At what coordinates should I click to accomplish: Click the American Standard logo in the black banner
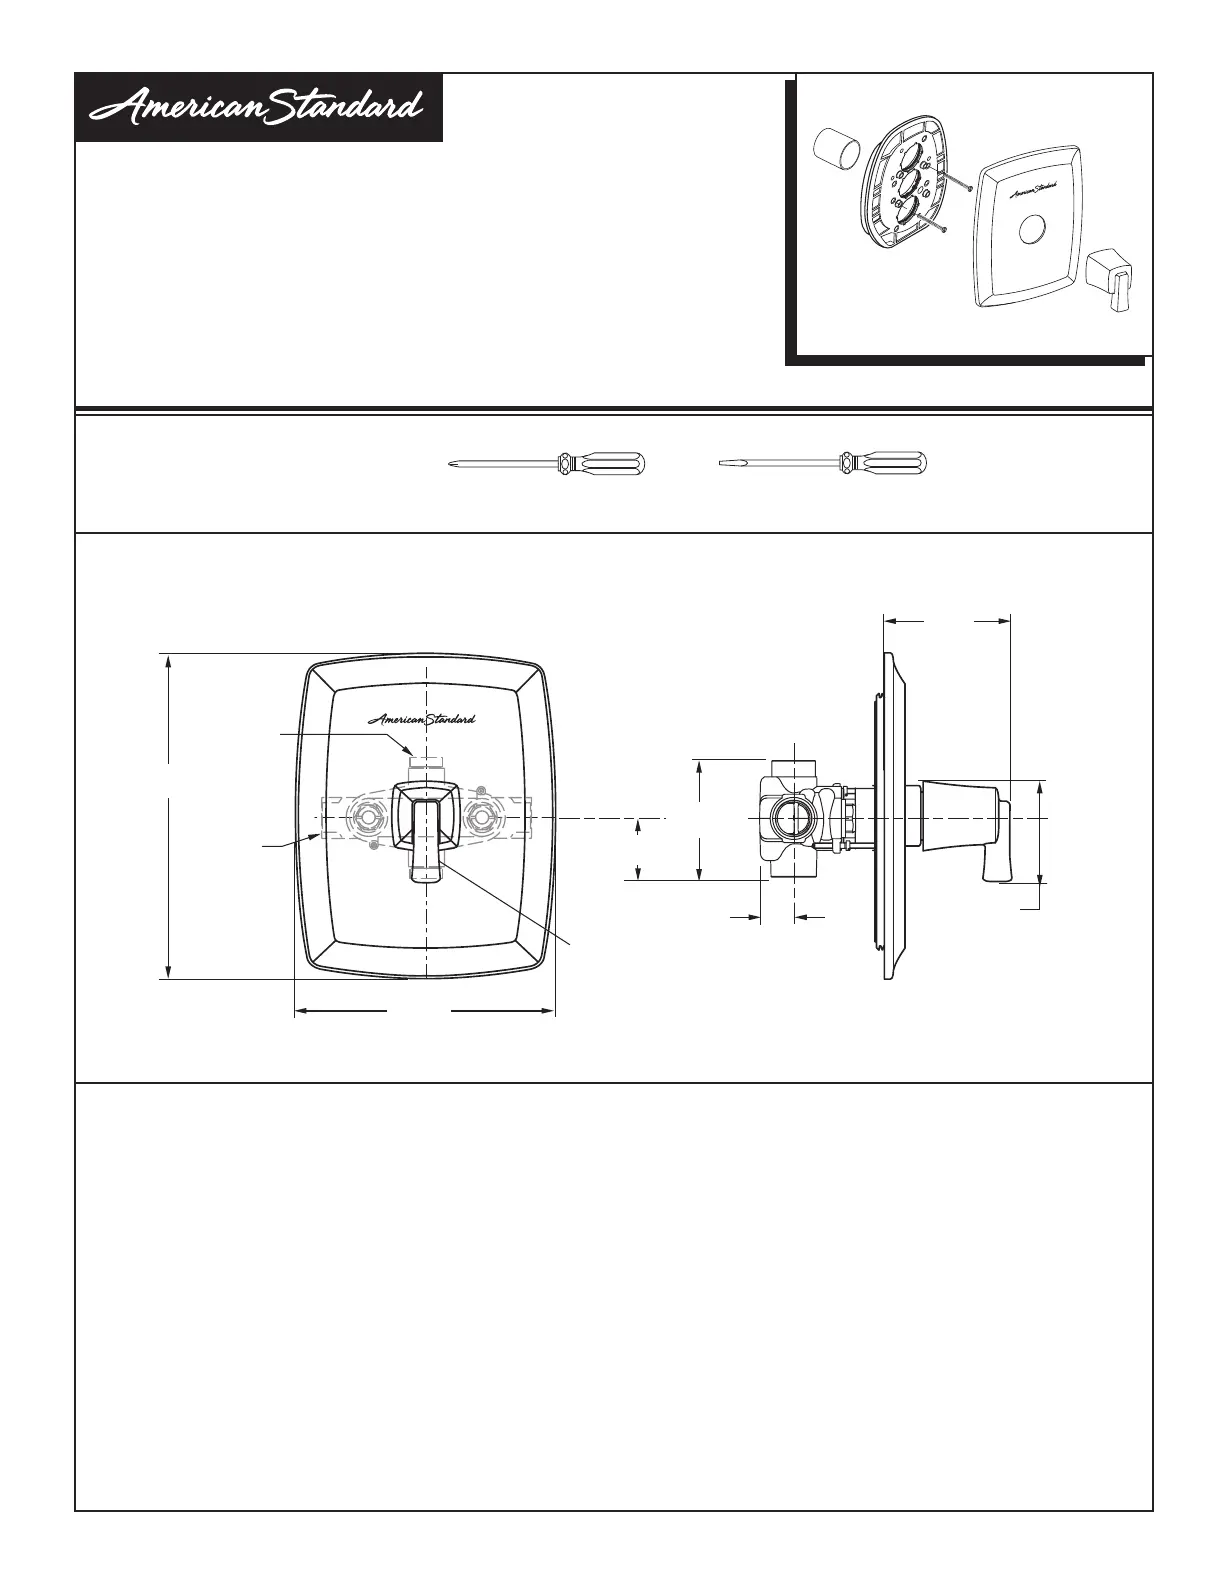(x=256, y=107)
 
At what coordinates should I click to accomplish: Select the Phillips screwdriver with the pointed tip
(x=547, y=463)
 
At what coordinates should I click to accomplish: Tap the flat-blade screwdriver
(x=825, y=463)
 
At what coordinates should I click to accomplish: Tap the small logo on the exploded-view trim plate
(x=1033, y=191)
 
